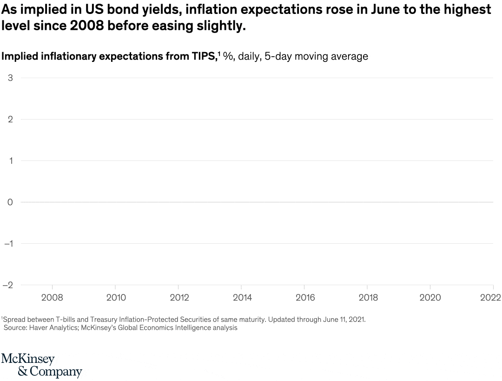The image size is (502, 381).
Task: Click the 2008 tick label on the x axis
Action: click(x=52, y=298)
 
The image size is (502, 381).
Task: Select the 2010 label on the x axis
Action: click(x=116, y=298)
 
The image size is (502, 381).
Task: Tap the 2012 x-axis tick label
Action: click(x=179, y=298)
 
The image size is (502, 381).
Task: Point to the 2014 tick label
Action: click(x=242, y=298)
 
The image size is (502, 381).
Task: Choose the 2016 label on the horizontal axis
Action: click(x=305, y=298)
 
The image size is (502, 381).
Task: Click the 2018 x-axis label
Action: click(x=368, y=298)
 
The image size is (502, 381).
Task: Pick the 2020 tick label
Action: click(x=430, y=298)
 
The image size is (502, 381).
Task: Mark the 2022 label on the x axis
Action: click(x=490, y=298)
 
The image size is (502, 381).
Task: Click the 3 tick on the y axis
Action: click(x=10, y=78)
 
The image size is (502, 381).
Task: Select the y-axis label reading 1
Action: click(x=10, y=160)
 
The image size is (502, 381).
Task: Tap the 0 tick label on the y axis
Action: click(x=10, y=202)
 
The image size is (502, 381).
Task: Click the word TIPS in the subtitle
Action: click(x=203, y=57)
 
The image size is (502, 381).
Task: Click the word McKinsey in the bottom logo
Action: click(x=28, y=360)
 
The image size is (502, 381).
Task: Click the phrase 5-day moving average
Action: click(x=316, y=57)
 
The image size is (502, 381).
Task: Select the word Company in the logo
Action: click(x=56, y=372)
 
